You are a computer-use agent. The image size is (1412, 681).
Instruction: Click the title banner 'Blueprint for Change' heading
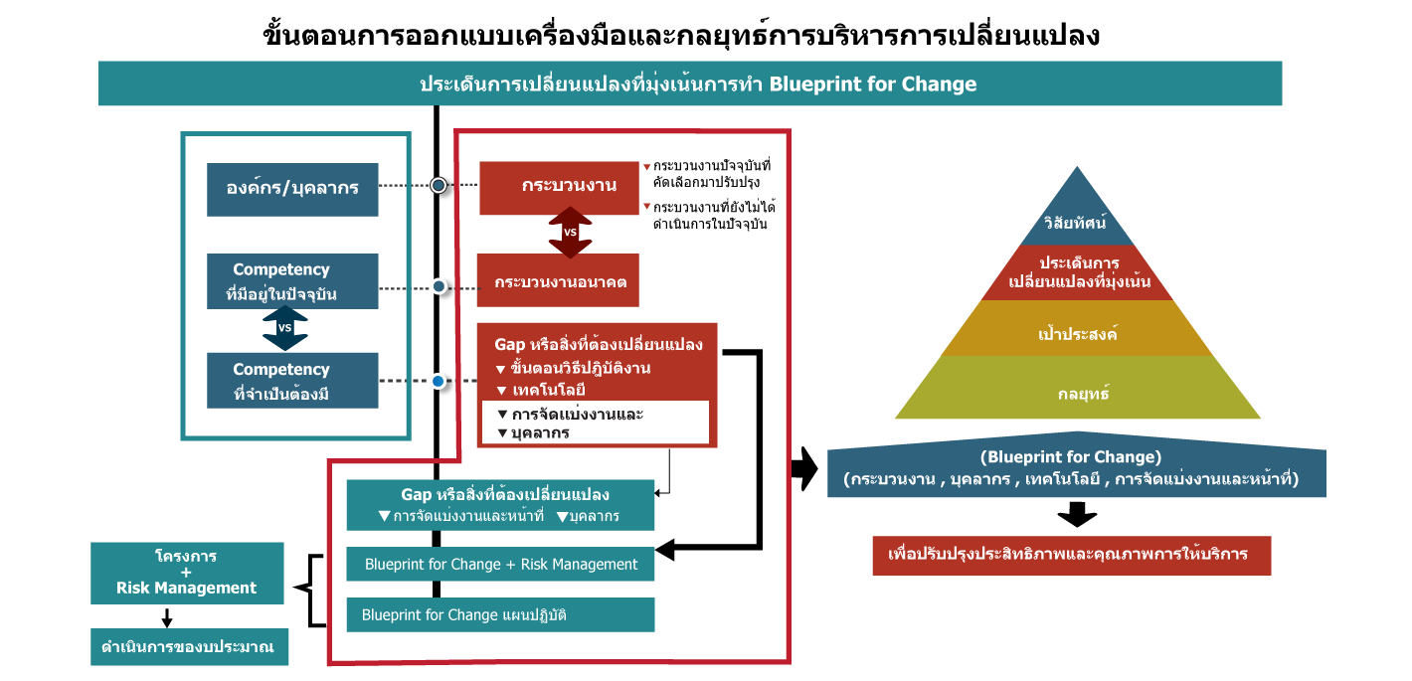tap(690, 84)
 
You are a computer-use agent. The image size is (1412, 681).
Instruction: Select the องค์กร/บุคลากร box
tap(292, 189)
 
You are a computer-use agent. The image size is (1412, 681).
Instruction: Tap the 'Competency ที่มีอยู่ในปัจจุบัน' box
tap(292, 281)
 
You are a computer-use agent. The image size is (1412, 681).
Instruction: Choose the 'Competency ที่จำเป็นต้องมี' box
tap(292, 380)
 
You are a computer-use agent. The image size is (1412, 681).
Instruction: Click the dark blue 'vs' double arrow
tap(284, 328)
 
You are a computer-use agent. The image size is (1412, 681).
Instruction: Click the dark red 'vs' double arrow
tap(570, 233)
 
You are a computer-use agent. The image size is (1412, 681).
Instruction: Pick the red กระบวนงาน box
tap(559, 188)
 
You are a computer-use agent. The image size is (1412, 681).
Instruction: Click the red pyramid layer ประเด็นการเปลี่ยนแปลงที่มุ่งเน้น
tap(1079, 272)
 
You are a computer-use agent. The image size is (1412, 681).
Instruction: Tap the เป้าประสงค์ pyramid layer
tap(1078, 328)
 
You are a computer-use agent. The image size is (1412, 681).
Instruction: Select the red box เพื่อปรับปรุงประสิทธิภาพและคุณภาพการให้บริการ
tap(1071, 555)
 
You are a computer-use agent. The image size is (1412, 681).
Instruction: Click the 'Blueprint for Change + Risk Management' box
tap(500, 564)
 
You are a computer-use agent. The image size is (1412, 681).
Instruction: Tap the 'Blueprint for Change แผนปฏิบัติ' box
tap(500, 614)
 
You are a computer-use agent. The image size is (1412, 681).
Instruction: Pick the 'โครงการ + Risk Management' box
tap(187, 572)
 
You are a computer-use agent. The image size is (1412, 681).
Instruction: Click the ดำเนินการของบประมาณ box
tap(189, 647)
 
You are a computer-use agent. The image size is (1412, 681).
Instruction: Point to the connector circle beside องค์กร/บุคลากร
tap(439, 186)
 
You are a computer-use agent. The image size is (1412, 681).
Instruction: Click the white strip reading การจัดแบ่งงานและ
tap(595, 414)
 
